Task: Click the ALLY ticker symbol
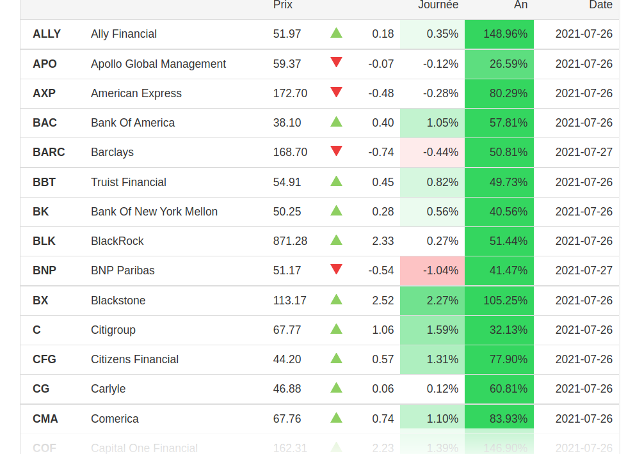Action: pyautogui.click(x=47, y=34)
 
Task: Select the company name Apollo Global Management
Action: pyautogui.click(x=158, y=64)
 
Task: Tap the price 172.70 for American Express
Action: pyautogui.click(x=290, y=93)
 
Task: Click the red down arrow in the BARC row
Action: pyautogui.click(x=336, y=151)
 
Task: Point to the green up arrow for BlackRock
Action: pyautogui.click(x=336, y=240)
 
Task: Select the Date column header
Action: pyautogui.click(x=600, y=5)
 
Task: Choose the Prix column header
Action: pyautogui.click(x=283, y=5)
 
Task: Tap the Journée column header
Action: pyautogui.click(x=438, y=5)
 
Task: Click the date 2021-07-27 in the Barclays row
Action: pyautogui.click(x=584, y=152)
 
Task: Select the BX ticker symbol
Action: pyautogui.click(x=40, y=301)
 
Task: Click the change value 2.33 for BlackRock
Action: pyautogui.click(x=383, y=241)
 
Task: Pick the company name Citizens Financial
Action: pyautogui.click(x=134, y=359)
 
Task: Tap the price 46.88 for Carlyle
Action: pyautogui.click(x=287, y=389)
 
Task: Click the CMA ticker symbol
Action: pyautogui.click(x=45, y=419)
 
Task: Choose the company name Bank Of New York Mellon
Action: pyautogui.click(x=154, y=212)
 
